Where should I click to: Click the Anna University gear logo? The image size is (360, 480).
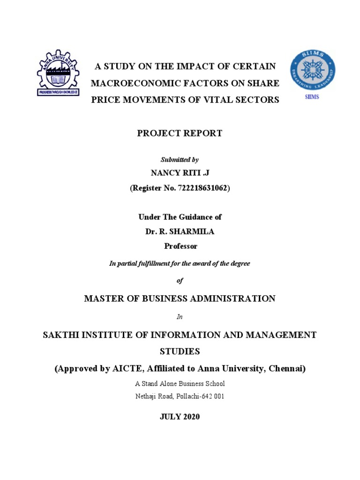click(57, 73)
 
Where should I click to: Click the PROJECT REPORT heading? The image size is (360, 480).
click(180, 133)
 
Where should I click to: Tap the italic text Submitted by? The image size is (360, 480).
click(180, 160)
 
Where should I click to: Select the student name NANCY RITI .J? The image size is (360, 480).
click(180, 173)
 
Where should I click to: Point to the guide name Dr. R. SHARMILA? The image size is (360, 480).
click(180, 231)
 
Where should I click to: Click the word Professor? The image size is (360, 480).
click(180, 246)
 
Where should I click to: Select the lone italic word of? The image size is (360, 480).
click(180, 280)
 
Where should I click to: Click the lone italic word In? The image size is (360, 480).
click(180, 317)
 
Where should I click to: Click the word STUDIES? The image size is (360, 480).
click(180, 351)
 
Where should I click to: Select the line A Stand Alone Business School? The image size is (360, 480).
click(180, 383)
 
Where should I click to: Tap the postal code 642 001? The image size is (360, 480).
click(212, 396)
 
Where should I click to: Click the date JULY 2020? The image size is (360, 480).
click(180, 417)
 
